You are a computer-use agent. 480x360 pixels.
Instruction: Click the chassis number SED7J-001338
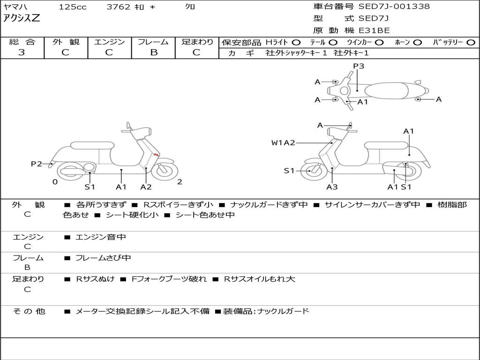click(x=394, y=7)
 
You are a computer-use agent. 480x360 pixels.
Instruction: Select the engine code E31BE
click(x=374, y=30)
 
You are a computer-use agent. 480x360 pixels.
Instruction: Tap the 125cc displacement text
click(x=73, y=7)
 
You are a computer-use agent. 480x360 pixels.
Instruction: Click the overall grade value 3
click(x=22, y=52)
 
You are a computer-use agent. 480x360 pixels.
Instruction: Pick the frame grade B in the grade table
click(x=153, y=52)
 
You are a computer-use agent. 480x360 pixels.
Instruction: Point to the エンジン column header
click(x=109, y=42)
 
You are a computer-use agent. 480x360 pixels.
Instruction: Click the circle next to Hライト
click(x=296, y=42)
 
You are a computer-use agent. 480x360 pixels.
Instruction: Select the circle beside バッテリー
click(x=471, y=42)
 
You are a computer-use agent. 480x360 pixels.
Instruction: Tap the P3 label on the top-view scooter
click(x=359, y=66)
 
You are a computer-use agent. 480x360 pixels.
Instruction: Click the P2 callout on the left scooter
click(x=36, y=164)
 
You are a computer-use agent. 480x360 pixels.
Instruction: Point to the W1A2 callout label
click(x=283, y=142)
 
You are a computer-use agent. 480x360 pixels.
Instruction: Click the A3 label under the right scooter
click(x=332, y=187)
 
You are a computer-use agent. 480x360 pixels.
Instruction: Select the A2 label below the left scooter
click(x=146, y=187)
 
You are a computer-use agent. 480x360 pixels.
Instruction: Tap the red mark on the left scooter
click(x=157, y=155)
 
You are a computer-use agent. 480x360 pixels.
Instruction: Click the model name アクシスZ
click(x=22, y=19)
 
